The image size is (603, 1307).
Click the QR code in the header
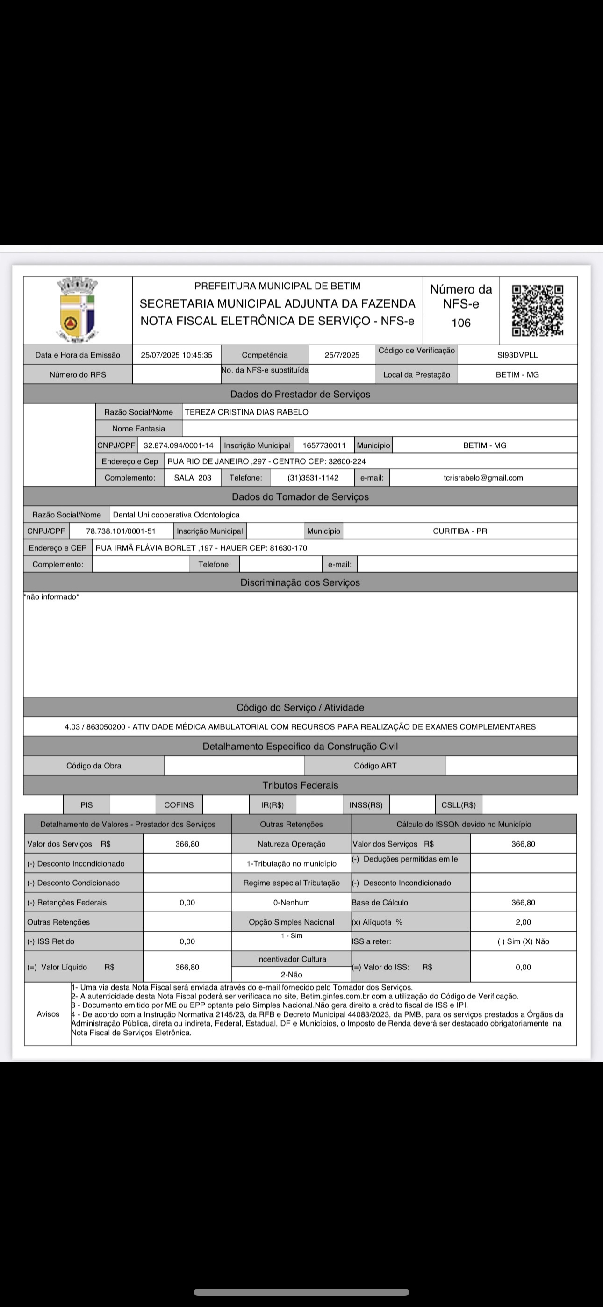538,310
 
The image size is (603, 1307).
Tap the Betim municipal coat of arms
77,309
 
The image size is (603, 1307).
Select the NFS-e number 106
461,323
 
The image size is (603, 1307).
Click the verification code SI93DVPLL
517,355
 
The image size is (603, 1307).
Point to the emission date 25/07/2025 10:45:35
176,355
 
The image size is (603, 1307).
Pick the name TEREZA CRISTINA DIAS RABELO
247,412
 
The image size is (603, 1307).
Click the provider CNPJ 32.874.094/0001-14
178,445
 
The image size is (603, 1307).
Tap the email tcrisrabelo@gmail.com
483,477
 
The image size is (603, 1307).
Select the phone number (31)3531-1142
313,477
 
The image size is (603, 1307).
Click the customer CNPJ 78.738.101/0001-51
121,531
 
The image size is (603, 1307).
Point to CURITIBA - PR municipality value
459,531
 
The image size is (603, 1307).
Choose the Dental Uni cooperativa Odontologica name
176,515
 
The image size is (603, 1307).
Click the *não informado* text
51,596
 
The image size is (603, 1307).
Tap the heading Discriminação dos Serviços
300,582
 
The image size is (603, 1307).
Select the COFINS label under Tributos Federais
179,804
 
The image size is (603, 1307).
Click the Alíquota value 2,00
523,922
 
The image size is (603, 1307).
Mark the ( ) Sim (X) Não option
523,941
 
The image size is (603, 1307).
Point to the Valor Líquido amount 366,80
187,967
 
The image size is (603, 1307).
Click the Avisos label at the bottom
48,1014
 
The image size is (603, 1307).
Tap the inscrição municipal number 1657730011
324,445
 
